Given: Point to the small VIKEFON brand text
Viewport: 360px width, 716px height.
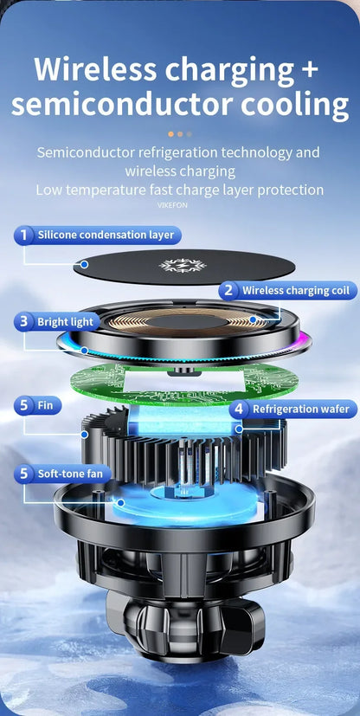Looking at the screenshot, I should tap(172, 205).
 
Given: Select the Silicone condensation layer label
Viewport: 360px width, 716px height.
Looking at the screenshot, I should tap(106, 235).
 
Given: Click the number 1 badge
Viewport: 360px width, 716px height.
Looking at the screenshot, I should tap(25, 235).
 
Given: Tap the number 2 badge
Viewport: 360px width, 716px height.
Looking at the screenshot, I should tap(228, 291).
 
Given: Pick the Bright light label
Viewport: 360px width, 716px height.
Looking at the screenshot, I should tap(65, 322).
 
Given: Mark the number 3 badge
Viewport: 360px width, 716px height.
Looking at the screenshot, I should tap(25, 322).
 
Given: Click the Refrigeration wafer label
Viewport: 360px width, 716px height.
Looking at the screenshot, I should tap(300, 409).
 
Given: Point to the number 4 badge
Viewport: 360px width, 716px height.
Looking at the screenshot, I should tap(238, 409).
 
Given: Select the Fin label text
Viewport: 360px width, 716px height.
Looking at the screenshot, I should tap(44, 404).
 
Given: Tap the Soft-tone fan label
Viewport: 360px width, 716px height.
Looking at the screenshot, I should tap(70, 474).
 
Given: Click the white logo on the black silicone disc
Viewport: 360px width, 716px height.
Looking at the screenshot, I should tap(180, 265).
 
